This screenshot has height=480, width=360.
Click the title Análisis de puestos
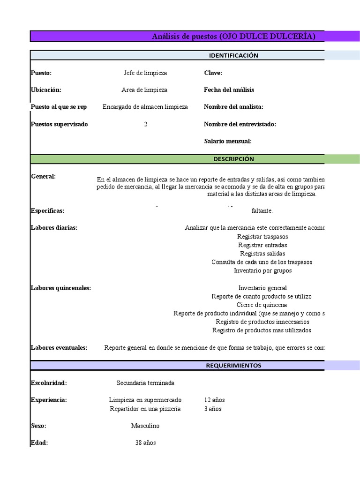[233, 37]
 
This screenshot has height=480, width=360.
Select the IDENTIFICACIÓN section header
[233, 55]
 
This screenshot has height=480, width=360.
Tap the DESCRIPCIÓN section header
[233, 159]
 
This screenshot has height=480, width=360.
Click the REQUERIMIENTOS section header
[233, 366]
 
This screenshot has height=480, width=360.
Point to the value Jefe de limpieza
[145, 73]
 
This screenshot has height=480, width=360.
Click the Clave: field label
[213, 73]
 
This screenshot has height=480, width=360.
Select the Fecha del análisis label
[229, 90]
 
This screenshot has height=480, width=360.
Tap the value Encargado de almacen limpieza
[145, 107]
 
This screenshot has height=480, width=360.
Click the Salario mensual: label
[228, 141]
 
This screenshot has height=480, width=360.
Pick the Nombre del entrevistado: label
[240, 124]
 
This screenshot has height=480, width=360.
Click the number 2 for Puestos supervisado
[146, 124]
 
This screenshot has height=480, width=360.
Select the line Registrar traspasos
[262, 237]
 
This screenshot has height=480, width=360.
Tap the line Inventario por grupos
[262, 270]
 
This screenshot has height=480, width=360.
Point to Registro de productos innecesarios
[262, 322]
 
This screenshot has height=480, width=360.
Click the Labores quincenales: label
[61, 288]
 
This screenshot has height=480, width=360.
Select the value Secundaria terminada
[145, 383]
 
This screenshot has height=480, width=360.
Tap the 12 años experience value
[215, 400]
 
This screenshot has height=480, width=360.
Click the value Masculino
[145, 426]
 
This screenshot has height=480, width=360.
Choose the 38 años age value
[145, 443]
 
